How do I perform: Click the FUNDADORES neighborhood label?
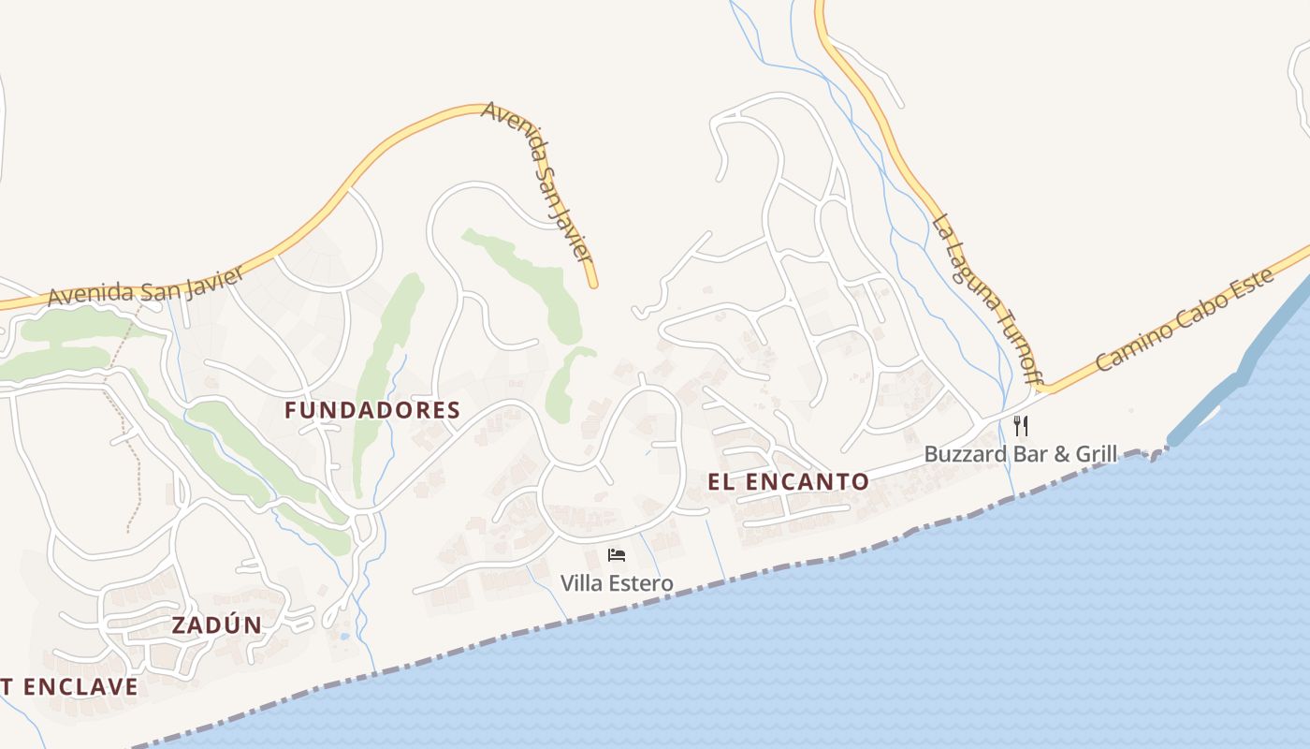tap(372, 410)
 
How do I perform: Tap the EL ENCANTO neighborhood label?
tap(789, 482)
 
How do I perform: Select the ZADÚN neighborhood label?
tap(217, 625)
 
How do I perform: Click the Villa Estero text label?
tap(617, 583)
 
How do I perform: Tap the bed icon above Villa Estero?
tap(616, 555)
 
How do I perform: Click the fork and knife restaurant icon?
tap(1021, 426)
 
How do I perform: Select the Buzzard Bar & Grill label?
tap(1021, 455)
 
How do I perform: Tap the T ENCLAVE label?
tap(69, 686)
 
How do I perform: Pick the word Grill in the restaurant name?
tap(1097, 455)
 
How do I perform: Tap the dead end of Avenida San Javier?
tap(592, 284)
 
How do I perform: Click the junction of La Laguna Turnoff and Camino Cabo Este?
tap(1046, 388)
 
